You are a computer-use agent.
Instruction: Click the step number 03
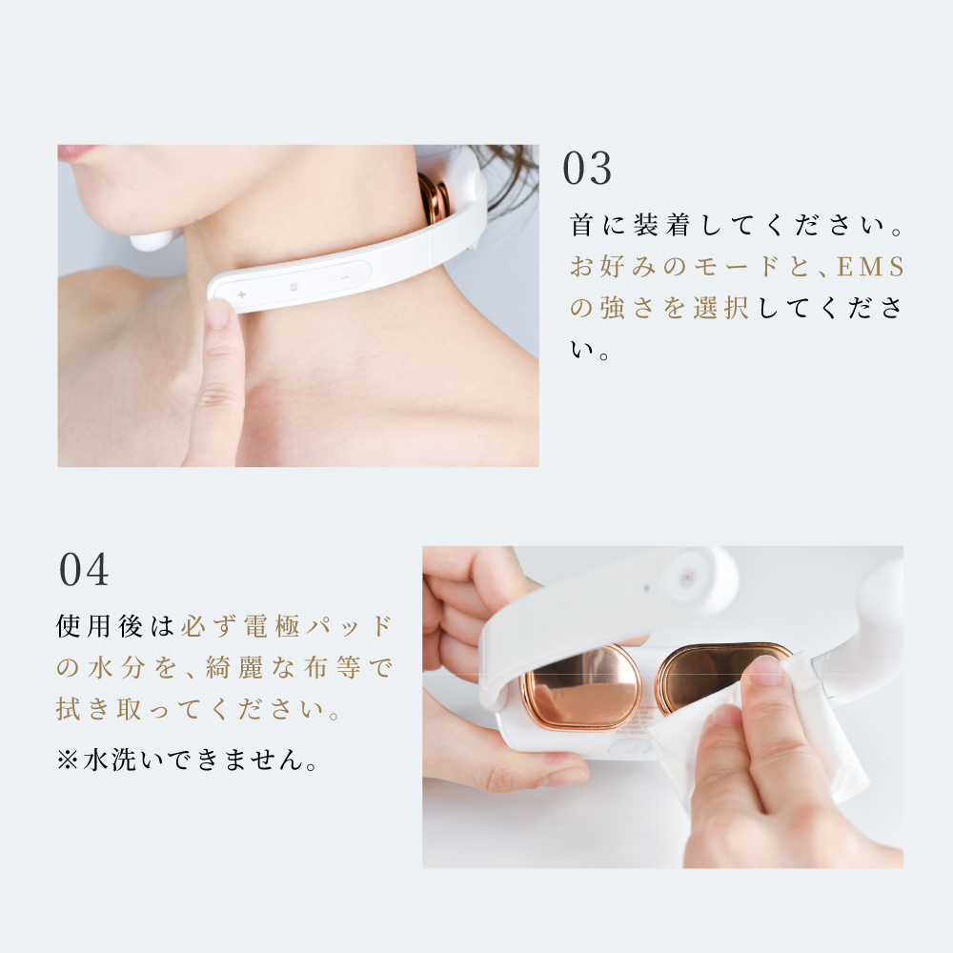point(586,169)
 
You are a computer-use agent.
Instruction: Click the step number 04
point(84,570)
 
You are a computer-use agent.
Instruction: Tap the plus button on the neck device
point(241,294)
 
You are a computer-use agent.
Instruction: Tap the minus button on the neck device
point(345,277)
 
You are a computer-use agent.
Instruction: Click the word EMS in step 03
point(870,267)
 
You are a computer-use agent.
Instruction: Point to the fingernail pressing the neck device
point(217,313)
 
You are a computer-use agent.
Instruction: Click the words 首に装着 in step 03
point(630,226)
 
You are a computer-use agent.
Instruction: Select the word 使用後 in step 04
point(100,626)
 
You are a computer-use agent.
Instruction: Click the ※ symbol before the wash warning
point(67,760)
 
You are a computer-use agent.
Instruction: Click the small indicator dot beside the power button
point(647,588)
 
